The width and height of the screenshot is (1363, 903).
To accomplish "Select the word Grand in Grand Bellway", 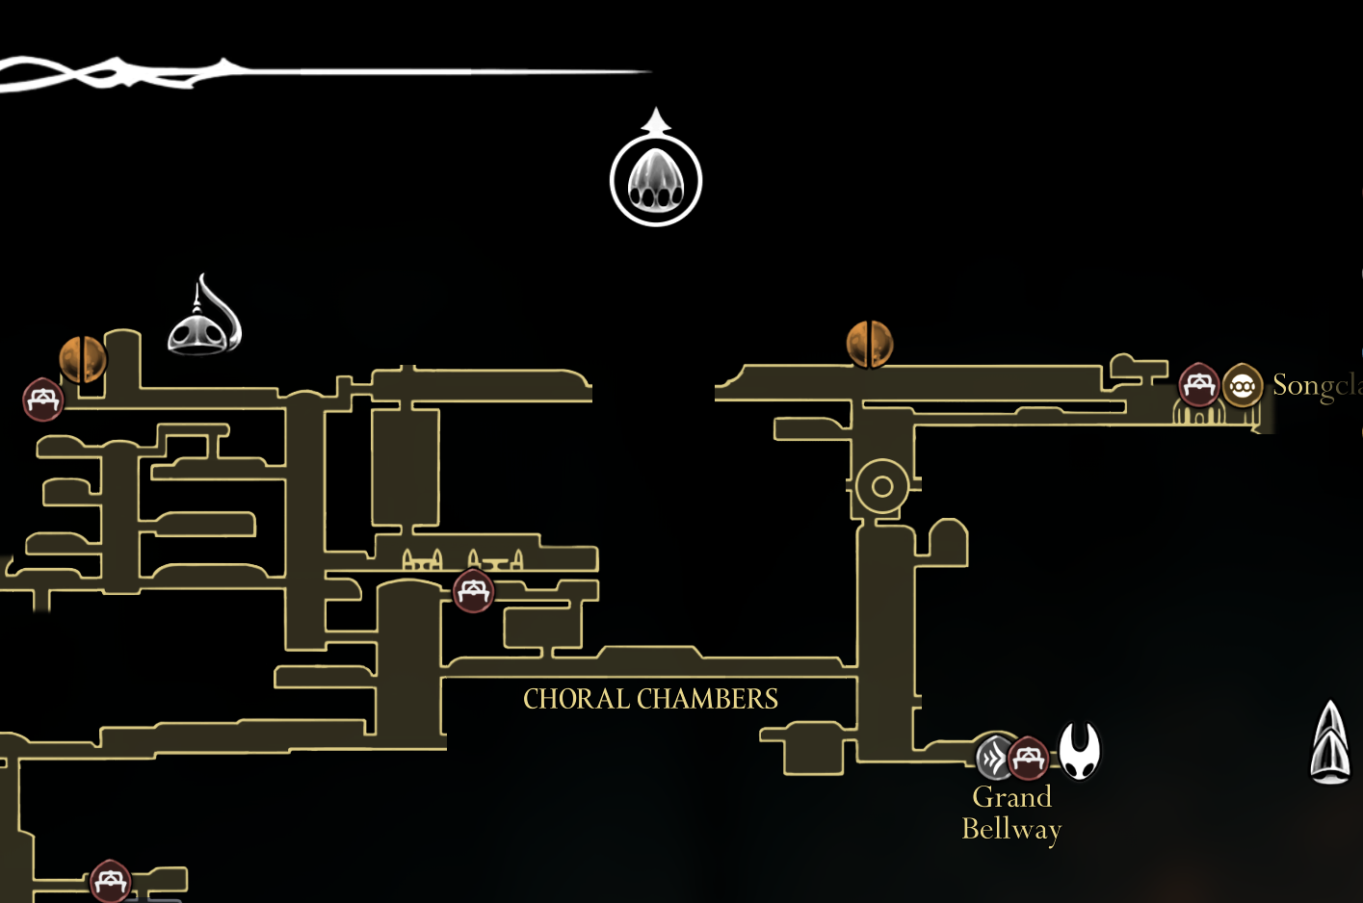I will tap(1011, 797).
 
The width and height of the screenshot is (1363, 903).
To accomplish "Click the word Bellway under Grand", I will tap(1011, 829).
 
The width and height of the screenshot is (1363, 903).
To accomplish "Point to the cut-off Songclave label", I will tap(1316, 385).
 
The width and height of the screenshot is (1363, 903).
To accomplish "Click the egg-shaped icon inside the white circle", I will tap(656, 181).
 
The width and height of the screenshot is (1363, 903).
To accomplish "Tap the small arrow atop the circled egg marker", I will tap(656, 120).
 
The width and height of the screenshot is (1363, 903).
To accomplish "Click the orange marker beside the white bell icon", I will tap(84, 359).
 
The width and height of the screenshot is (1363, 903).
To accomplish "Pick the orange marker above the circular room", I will tap(870, 344).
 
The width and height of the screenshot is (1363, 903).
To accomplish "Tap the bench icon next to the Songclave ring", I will tap(1199, 385).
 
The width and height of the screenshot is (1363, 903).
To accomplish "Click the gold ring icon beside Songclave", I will tap(1243, 386).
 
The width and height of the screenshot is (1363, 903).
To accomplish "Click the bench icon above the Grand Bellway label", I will tap(1028, 758).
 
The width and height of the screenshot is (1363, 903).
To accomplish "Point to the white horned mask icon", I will tap(1080, 750).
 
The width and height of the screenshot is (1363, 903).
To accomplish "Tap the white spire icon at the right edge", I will tap(1330, 742).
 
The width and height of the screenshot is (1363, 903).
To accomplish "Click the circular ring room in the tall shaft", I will tap(881, 486).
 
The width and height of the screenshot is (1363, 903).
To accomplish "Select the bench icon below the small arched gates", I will tap(473, 591).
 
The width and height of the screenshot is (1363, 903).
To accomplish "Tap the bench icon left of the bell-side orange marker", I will tap(43, 400).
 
